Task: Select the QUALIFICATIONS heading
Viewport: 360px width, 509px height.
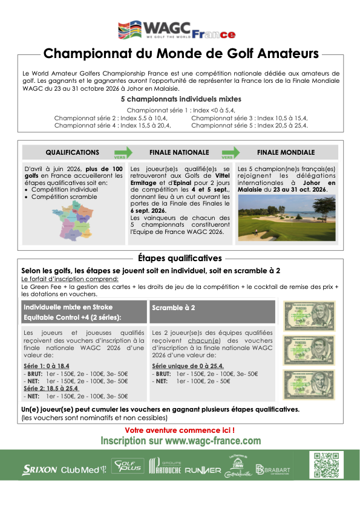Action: click(x=73, y=152)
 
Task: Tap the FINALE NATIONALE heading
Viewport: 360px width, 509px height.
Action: click(x=179, y=152)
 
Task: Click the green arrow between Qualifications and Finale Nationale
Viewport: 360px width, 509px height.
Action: click(x=123, y=152)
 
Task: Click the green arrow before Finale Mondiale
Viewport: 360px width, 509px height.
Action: click(x=230, y=152)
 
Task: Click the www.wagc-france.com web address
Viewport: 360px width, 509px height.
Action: click(x=212, y=441)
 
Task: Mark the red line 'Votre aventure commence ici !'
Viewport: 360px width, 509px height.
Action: click(x=180, y=430)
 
